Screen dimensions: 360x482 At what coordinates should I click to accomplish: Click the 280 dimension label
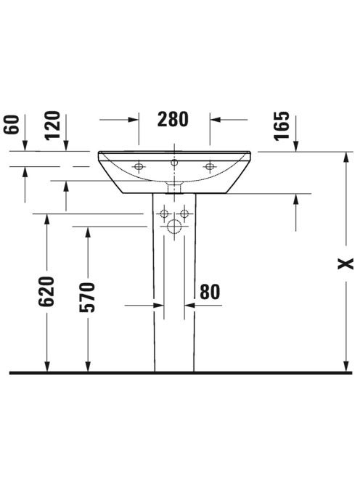[x=173, y=120]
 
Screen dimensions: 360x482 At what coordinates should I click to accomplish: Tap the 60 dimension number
[x=12, y=125]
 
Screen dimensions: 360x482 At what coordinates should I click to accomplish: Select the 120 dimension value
[x=52, y=126]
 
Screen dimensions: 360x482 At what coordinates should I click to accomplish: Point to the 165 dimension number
[x=282, y=126]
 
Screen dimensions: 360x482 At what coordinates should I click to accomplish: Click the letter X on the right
[x=345, y=264]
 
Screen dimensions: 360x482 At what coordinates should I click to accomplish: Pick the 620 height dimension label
[x=46, y=291]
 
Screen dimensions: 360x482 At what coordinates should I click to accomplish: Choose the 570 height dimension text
[x=87, y=297]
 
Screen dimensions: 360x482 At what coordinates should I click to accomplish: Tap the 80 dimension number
[x=210, y=292]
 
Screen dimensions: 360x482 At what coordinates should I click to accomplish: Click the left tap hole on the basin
[x=139, y=167]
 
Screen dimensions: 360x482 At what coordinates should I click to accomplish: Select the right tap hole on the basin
[x=210, y=167]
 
